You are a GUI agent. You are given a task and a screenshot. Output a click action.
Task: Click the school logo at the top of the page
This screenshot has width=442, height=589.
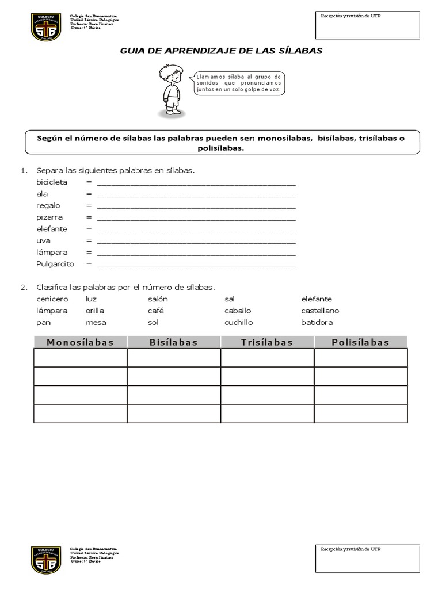click(46, 27)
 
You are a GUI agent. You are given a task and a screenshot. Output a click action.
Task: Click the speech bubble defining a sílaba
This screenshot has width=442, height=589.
click(239, 83)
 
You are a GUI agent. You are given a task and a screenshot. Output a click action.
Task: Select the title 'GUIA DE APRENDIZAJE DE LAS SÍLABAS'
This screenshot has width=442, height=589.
click(221, 51)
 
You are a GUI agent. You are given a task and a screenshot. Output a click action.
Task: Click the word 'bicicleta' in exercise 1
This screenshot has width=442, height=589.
click(52, 182)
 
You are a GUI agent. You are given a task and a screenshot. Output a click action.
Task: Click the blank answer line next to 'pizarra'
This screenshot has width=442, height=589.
click(196, 218)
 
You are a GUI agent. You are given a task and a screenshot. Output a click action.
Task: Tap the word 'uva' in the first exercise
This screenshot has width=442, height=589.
click(44, 240)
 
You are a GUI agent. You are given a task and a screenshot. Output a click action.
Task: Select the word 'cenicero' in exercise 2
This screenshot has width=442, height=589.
click(52, 299)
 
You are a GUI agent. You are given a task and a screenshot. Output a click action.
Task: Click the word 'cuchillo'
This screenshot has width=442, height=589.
click(238, 323)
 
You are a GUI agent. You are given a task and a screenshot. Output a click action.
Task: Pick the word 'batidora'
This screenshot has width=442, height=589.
click(317, 323)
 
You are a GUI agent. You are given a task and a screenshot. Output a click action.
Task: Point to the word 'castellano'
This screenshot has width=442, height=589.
click(320, 311)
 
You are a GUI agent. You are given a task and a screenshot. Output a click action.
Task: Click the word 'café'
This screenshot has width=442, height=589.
click(155, 311)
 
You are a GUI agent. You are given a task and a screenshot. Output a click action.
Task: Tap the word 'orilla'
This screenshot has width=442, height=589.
click(94, 311)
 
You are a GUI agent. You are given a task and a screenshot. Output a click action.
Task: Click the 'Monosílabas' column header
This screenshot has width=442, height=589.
click(80, 342)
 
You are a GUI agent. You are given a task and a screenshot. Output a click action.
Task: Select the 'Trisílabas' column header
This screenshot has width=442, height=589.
click(267, 342)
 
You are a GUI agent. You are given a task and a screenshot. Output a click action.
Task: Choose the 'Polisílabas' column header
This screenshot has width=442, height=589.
click(360, 342)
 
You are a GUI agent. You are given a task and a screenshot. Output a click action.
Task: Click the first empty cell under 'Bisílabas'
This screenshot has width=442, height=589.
click(174, 357)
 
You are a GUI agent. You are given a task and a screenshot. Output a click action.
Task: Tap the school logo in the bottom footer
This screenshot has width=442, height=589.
click(46, 560)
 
